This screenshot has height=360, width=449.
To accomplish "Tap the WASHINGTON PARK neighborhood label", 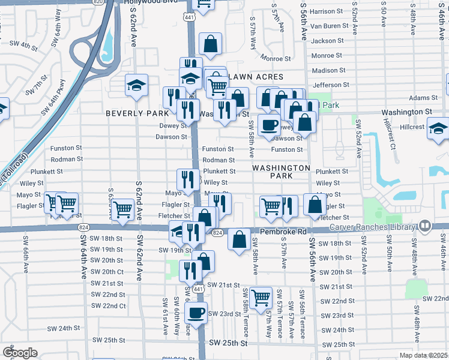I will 281,172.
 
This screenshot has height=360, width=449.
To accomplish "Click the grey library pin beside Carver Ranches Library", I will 425,226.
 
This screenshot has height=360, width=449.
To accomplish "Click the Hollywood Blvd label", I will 151,3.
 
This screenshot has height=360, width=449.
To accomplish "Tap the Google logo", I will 20,353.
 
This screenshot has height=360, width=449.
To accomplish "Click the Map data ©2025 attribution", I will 423,356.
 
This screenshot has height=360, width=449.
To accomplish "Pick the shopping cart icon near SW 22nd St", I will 261,296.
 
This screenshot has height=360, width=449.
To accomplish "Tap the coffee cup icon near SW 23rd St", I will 196,311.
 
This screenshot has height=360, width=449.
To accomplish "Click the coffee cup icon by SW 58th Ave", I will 269,125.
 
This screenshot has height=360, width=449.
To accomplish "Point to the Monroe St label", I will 276,58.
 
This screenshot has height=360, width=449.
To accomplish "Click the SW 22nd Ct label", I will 109,305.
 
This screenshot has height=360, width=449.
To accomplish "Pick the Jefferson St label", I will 327,85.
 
